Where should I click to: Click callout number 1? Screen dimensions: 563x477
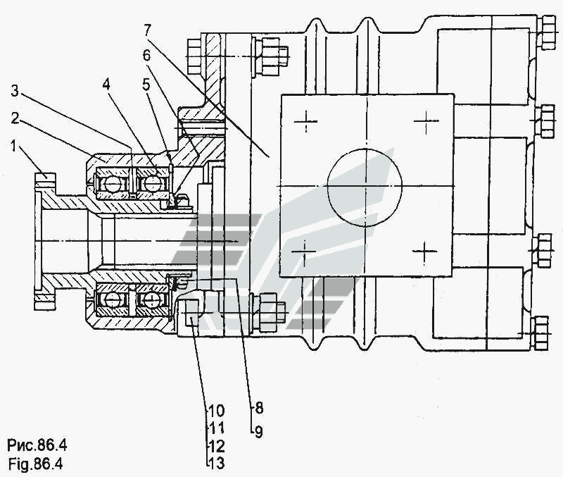13,147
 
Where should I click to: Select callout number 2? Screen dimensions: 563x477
15,118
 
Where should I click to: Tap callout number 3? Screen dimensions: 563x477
15,91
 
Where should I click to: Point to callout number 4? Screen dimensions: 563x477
106,85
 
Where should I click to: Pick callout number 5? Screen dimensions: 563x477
146,85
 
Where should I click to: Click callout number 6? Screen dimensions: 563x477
146,56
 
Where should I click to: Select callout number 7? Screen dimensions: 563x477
148,30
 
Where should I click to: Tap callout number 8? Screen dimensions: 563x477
259,408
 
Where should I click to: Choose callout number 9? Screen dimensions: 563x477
258,432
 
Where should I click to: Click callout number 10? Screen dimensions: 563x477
216,411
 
